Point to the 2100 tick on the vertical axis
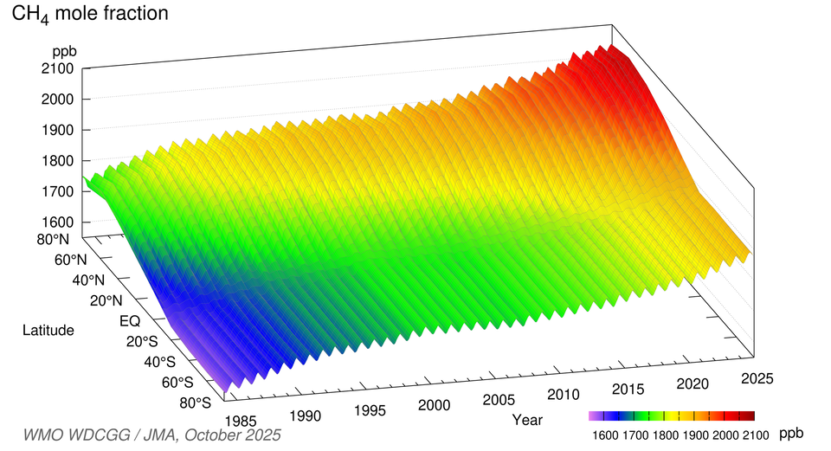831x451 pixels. [57, 67]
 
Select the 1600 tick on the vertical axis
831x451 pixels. [57, 222]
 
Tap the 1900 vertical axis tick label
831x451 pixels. [57, 130]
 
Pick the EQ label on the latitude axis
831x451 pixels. [129, 320]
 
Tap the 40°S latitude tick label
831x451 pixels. [161, 362]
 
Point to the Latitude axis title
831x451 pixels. [48, 330]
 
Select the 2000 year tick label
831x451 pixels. [434, 405]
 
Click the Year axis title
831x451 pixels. [526, 420]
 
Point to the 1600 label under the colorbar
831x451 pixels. [604, 433]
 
